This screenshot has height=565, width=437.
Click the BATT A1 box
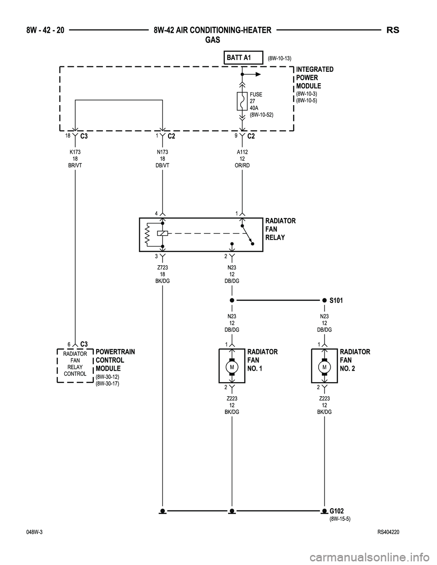244,58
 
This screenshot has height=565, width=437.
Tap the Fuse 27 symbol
242,101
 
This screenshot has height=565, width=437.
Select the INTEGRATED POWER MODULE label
315,77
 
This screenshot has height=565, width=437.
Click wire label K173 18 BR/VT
75,159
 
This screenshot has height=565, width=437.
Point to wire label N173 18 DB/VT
163,159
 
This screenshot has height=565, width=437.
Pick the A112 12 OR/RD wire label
242,159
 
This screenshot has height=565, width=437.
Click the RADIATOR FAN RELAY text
280,229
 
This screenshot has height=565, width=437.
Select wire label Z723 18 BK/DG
163,274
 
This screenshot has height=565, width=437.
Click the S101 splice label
336,301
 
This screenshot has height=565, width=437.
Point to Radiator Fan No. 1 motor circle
232,367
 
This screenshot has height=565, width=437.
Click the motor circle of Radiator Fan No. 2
325,367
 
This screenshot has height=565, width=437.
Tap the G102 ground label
336,511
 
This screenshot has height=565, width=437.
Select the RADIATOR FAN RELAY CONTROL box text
75,364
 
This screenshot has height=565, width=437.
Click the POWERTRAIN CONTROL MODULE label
115,360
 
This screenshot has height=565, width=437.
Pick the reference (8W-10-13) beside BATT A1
279,58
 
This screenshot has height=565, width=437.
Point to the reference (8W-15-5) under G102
340,519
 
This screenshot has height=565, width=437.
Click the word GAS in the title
213,40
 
